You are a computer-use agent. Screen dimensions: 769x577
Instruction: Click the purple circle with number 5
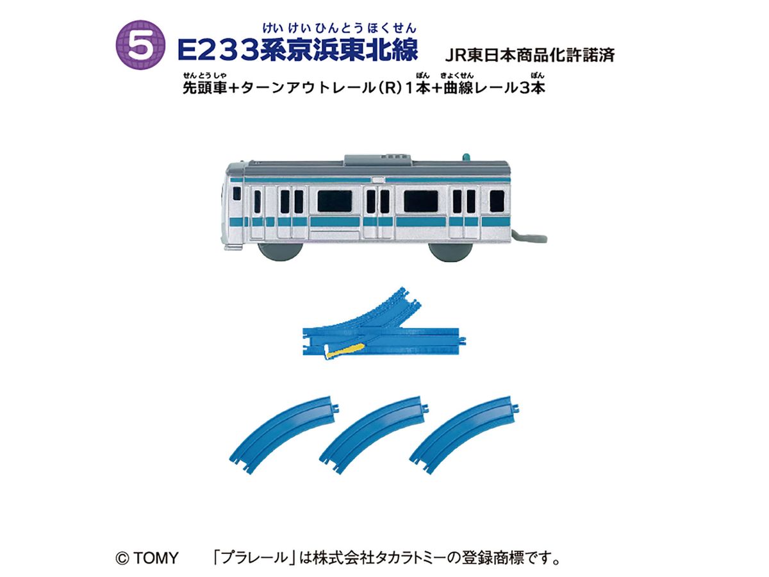click(140, 45)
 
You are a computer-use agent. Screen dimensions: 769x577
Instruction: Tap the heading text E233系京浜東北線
click(298, 50)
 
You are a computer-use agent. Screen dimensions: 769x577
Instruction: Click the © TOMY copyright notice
click(147, 558)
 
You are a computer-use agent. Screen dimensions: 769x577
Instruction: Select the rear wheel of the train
click(451, 251)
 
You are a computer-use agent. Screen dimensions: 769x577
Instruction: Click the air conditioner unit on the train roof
click(378, 160)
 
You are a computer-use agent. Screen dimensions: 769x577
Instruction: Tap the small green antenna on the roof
click(467, 157)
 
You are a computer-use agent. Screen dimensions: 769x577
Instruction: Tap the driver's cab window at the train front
click(237, 194)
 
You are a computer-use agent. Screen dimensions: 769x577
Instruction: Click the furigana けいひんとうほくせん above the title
click(339, 28)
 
